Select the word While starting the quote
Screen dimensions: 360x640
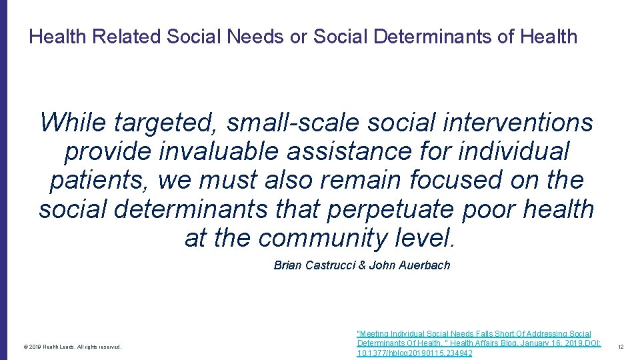(x=73, y=123)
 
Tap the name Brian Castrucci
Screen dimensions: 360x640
(x=315, y=265)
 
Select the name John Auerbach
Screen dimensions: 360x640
(x=409, y=265)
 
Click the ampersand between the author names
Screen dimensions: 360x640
(x=362, y=265)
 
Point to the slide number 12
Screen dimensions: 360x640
(x=620, y=347)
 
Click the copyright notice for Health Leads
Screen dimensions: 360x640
(x=72, y=347)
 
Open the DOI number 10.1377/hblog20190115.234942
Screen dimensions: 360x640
(x=415, y=353)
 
